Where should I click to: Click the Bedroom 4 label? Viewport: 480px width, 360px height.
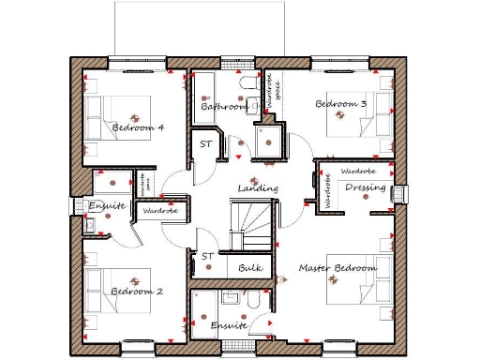click(x=138, y=127)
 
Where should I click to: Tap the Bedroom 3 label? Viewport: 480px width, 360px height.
click(x=340, y=104)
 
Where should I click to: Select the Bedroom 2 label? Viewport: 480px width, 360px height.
click(x=137, y=292)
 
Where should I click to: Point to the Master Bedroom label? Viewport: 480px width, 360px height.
click(x=337, y=268)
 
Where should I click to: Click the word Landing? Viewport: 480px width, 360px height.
click(x=257, y=188)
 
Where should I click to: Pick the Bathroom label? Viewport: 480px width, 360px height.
click(x=224, y=108)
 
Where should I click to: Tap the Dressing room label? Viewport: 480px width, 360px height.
click(x=365, y=188)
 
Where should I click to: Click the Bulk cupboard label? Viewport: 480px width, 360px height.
click(x=249, y=269)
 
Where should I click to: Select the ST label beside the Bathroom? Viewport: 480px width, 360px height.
click(x=205, y=144)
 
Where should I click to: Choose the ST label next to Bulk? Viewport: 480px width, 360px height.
click(x=206, y=256)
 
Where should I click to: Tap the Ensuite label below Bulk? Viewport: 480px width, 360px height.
click(x=227, y=325)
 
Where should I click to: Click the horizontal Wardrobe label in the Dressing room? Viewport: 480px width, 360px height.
click(x=357, y=172)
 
